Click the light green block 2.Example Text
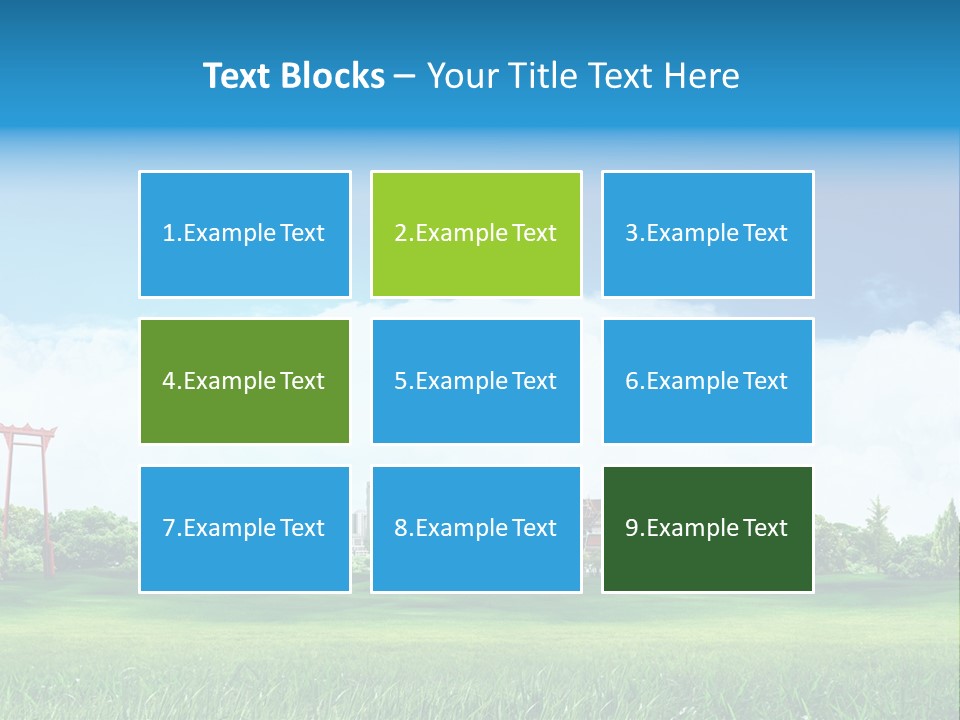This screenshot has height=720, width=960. [476, 234]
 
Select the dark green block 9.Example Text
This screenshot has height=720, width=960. [707, 529]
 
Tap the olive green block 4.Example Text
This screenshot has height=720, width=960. [245, 381]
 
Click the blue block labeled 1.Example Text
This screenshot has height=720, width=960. [245, 234]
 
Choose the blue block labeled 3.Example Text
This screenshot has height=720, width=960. [707, 234]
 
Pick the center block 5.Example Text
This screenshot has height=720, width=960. [476, 381]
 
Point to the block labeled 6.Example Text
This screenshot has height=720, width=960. [707, 381]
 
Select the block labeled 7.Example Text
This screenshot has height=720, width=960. [245, 529]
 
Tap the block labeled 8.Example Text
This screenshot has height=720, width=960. [476, 529]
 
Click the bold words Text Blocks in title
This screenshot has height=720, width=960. [294, 76]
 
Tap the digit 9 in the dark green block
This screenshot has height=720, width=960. [631, 529]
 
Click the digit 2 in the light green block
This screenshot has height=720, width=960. [400, 234]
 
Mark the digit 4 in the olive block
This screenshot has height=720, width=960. [168, 381]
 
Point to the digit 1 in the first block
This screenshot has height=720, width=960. [168, 234]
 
